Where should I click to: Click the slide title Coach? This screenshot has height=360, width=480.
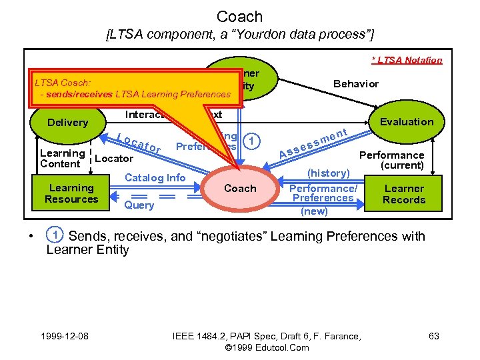pyautogui.click(x=240, y=16)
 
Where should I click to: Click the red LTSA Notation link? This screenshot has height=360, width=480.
pyautogui.click(x=407, y=60)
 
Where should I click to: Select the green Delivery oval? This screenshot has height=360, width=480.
pyautogui.click(x=68, y=123)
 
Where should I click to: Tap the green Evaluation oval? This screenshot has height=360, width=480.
pyautogui.click(x=406, y=121)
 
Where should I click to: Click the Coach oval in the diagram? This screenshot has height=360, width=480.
pyautogui.click(x=240, y=189)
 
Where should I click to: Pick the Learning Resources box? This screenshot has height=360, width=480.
pyautogui.click(x=71, y=193)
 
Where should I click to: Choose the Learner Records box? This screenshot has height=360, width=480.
pyautogui.click(x=403, y=194)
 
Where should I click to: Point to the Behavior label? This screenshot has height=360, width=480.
pyautogui.click(x=355, y=84)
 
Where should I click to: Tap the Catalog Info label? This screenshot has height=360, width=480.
pyautogui.click(x=155, y=177)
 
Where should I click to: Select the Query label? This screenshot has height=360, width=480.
pyautogui.click(x=139, y=205)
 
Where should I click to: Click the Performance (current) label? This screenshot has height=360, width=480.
pyautogui.click(x=392, y=160)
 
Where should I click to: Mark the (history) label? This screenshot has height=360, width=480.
pyautogui.click(x=328, y=173)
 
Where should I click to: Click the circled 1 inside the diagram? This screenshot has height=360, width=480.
pyautogui.click(x=250, y=141)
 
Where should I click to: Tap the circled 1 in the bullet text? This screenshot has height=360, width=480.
pyautogui.click(x=55, y=235)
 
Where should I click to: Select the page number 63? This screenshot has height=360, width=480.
pyautogui.click(x=433, y=337)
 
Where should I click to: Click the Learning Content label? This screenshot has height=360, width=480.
pyautogui.click(x=62, y=158)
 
